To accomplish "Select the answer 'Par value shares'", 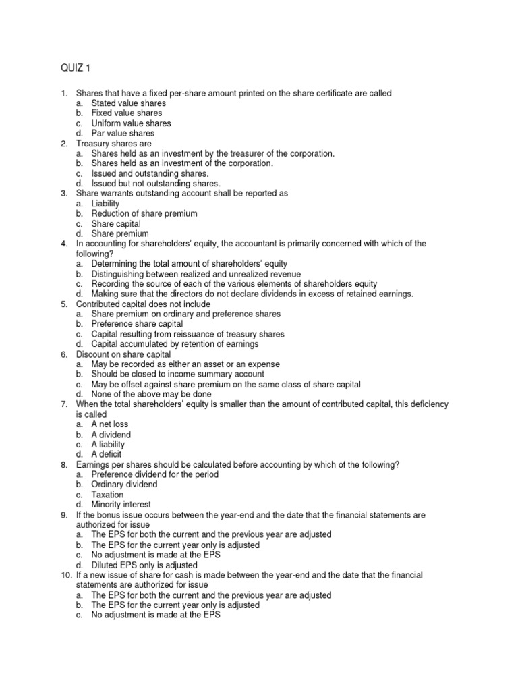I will pyautogui.click(x=123, y=134).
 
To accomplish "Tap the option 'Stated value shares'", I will pyautogui.click(x=128, y=103).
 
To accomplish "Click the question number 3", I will pyautogui.click(x=63, y=193).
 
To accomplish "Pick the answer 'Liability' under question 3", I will pyautogui.click(x=105, y=203).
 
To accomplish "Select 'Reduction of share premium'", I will pyautogui.click(x=144, y=213).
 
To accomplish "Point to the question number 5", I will pyautogui.click(x=63, y=304).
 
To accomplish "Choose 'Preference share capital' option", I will pyautogui.click(x=137, y=324).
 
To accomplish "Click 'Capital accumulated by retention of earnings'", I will pyautogui.click(x=175, y=344).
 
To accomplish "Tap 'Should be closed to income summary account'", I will pyautogui.click(x=177, y=374).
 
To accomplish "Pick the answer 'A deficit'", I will pyautogui.click(x=106, y=454).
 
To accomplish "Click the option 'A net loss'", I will pyautogui.click(x=109, y=424).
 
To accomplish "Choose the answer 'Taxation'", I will pyautogui.click(x=107, y=495).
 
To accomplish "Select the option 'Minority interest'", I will pyautogui.click(x=121, y=505).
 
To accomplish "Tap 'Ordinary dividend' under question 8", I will pyautogui.click(x=124, y=485).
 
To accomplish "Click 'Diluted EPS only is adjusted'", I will pyautogui.click(x=144, y=565).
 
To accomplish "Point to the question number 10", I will pyautogui.click(x=65, y=575).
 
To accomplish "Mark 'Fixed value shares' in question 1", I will pyautogui.click(x=126, y=113).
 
